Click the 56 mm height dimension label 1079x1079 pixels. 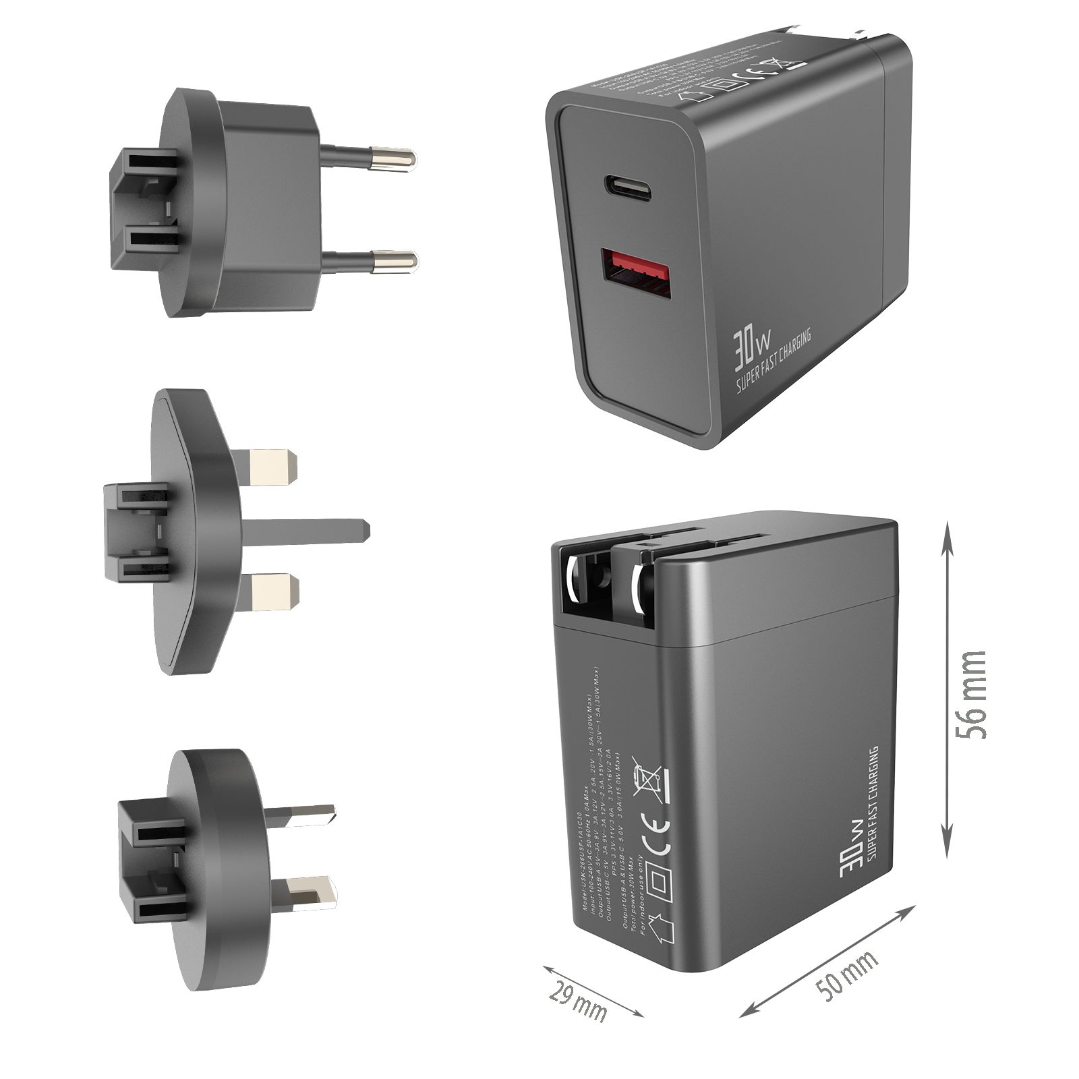(971, 695)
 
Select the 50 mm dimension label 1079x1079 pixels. (847, 976)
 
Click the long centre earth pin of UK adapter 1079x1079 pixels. (307, 531)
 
